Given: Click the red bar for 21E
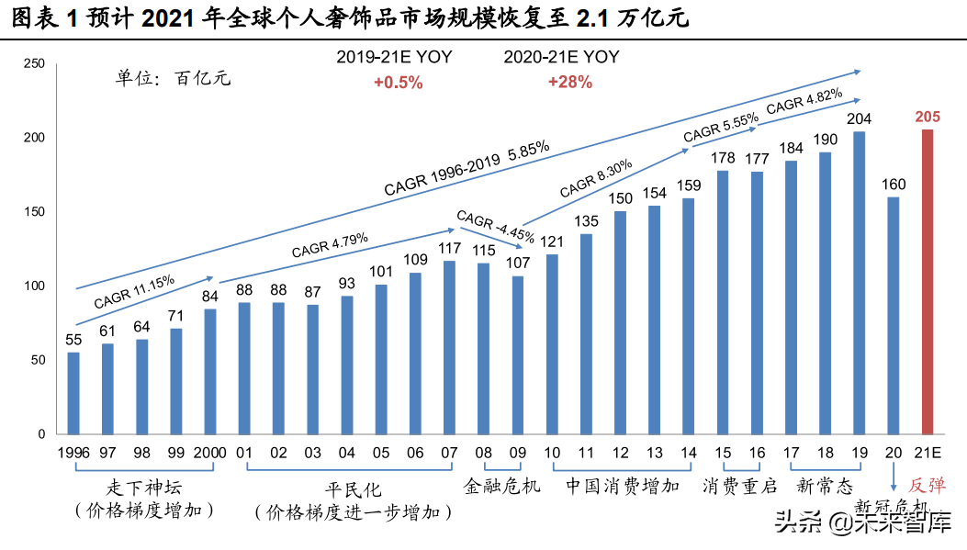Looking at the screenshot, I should click(927, 281).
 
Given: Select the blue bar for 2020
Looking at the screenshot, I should click(893, 315).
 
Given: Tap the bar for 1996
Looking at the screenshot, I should click(73, 392).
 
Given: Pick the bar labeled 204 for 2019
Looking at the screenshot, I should click(859, 282).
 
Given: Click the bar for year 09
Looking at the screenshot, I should click(518, 354).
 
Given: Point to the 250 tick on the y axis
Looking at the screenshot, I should click(34, 63).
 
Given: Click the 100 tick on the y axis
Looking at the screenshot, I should click(34, 286).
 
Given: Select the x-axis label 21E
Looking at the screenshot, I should click(927, 453).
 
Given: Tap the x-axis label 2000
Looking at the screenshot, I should click(210, 453).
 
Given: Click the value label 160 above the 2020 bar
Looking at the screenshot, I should click(893, 185).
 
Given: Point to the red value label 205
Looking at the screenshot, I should click(927, 117).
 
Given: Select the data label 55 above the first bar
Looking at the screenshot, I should click(73, 340).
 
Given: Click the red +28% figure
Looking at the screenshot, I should click(569, 82).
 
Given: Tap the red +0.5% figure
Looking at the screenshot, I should click(398, 82).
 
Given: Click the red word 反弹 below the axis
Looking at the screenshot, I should click(927, 486).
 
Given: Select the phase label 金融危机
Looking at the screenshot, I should click(501, 486).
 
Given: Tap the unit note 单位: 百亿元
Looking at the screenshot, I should click(173, 77).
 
